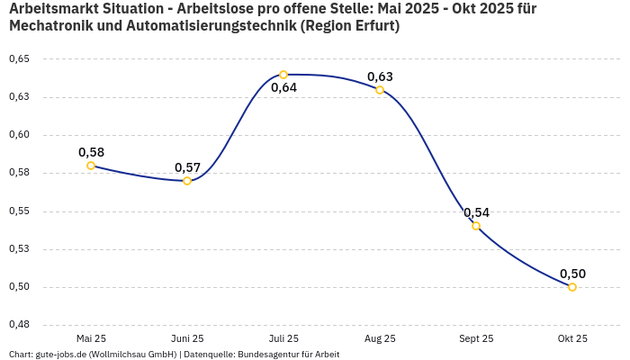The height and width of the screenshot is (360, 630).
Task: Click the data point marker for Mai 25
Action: pos(91,166)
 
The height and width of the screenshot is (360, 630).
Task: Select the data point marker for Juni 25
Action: pos(187,181)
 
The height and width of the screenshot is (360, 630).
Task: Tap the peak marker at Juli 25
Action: pos(283,75)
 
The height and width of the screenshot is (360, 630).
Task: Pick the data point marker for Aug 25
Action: pos(380,90)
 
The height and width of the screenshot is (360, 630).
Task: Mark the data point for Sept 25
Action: pos(476,226)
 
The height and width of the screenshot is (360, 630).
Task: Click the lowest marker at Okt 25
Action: pos(572,287)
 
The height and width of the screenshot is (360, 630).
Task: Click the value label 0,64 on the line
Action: pos(283,88)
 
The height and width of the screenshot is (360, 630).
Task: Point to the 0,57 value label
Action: pos(187,167)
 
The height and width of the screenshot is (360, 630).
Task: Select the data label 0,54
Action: pos(476,212)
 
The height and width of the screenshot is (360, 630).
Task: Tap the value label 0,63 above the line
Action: pos(380,76)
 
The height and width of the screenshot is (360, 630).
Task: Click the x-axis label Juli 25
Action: pos(283,338)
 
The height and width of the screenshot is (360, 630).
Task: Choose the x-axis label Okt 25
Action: pos(572,338)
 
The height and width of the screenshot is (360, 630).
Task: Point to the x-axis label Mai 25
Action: pos(91,338)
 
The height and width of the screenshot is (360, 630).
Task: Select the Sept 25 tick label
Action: pos(476,338)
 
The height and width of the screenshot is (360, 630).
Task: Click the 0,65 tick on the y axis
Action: pos(19,59)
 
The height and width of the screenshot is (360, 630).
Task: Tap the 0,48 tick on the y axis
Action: pos(19,324)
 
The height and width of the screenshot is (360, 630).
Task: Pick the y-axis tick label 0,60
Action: pos(19,135)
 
